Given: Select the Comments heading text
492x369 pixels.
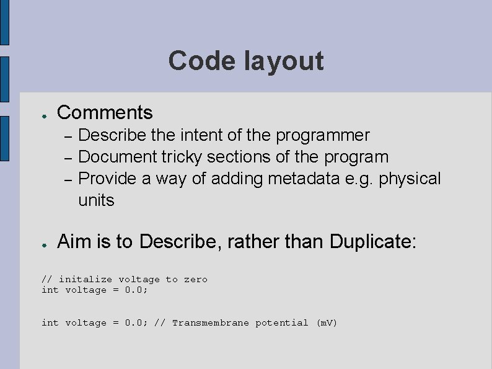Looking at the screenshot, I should [104, 113].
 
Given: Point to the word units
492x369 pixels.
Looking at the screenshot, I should [96, 200].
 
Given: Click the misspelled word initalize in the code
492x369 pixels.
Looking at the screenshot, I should [86, 280].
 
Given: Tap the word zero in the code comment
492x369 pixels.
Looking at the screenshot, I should [196, 280].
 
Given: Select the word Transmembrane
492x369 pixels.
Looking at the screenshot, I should [211, 323].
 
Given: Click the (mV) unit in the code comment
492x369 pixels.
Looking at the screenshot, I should [326, 323].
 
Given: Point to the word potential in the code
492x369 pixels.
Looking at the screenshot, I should [282, 323].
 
